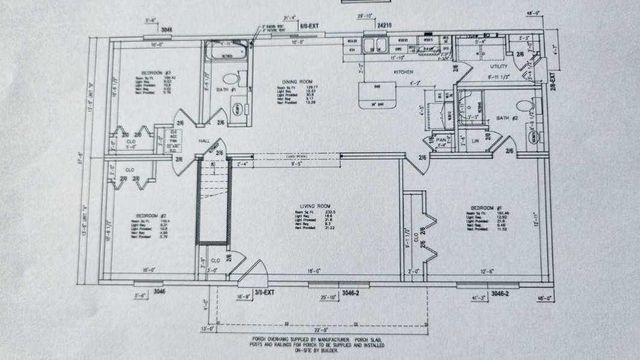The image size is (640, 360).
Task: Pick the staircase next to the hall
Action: pos(212,204)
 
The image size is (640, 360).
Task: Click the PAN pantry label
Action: pos(441,140)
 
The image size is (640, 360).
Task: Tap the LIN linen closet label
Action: pos(476,142)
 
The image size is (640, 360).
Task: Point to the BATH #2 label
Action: pos(506,118)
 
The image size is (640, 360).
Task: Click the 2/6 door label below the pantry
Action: pos(423,158)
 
